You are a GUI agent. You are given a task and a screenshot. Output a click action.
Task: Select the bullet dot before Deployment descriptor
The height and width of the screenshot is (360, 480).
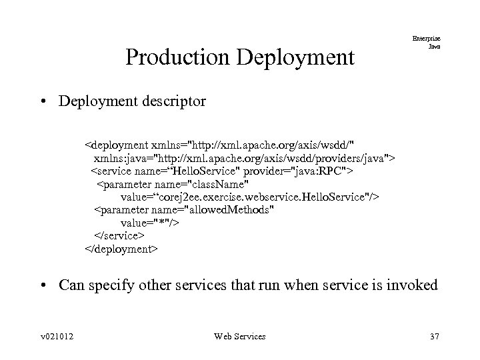[x=43, y=102]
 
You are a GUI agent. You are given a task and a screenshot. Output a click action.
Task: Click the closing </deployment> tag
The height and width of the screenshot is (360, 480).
[x=121, y=249]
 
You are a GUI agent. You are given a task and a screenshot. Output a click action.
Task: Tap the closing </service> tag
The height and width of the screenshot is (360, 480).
[x=119, y=236]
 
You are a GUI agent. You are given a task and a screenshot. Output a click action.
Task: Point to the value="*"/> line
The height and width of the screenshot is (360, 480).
[x=149, y=223]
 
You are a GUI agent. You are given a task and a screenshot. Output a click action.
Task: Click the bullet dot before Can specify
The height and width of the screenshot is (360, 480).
[x=43, y=286]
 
